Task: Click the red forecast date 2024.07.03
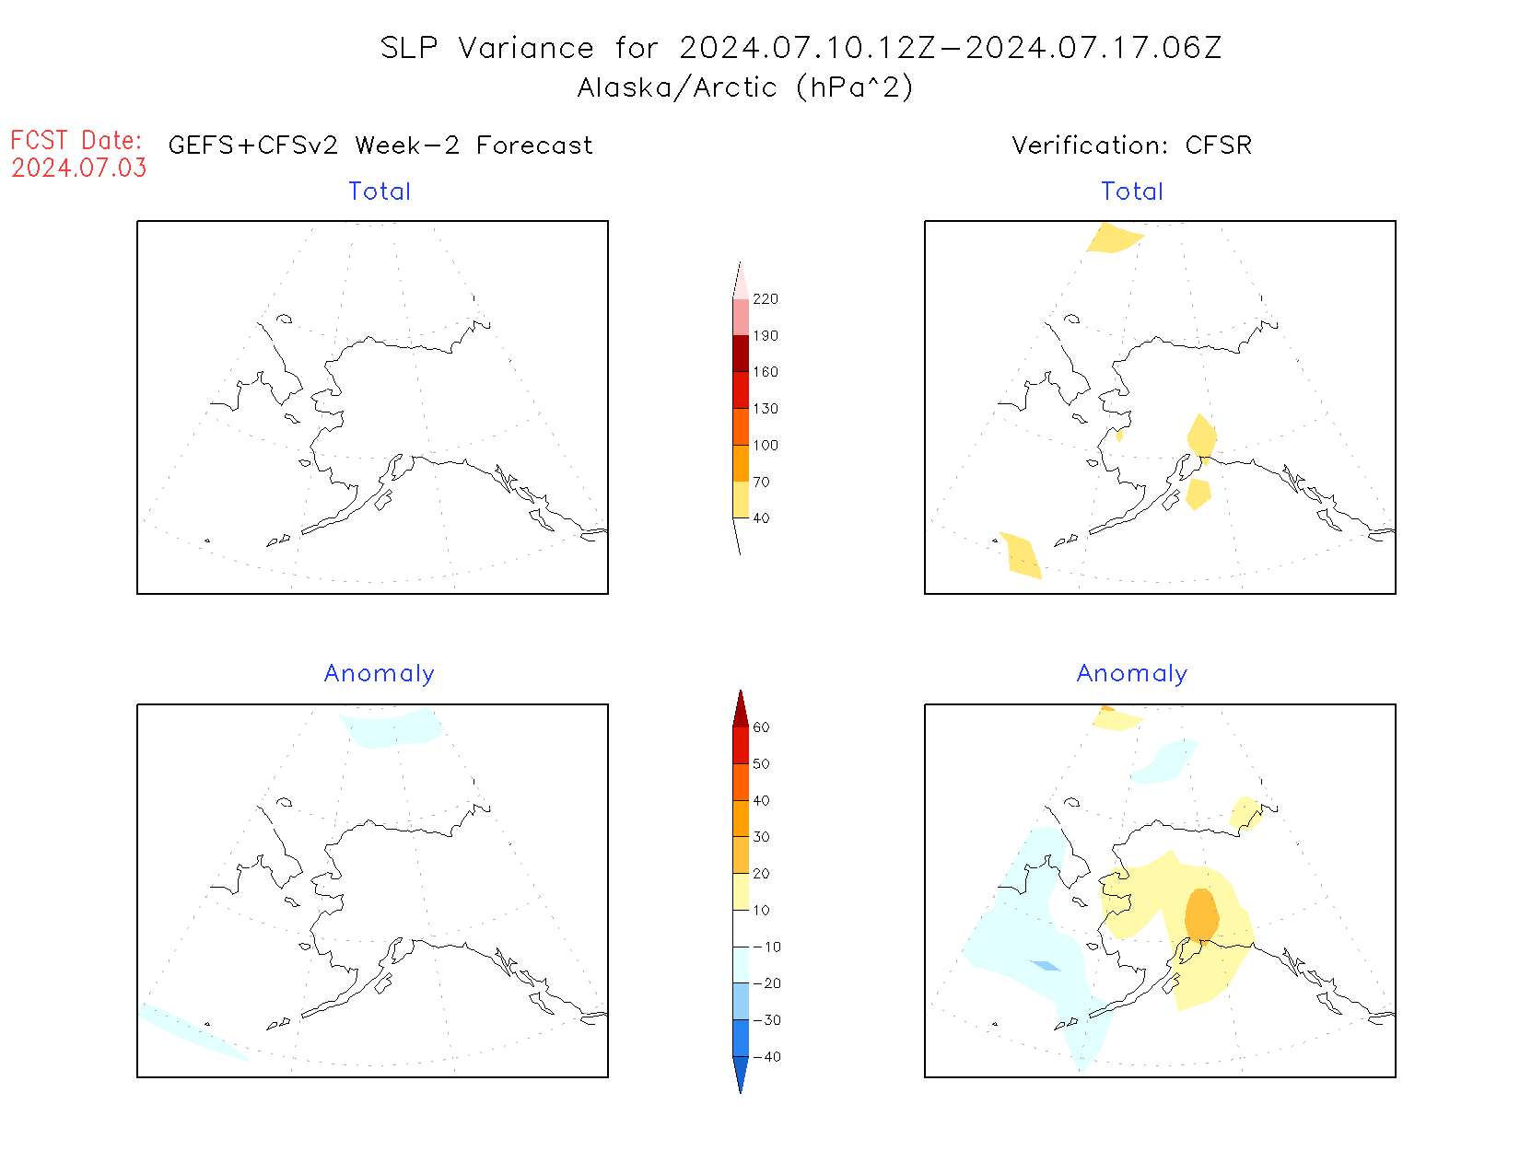point(79,169)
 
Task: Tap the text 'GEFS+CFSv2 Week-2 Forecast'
point(380,145)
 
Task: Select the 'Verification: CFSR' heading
point(1131,145)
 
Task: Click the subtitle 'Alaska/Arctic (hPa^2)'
point(745,87)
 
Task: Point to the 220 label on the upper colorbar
point(765,299)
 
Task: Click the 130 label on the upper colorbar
point(765,409)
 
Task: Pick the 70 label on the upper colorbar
point(761,482)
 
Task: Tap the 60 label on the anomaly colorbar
point(761,727)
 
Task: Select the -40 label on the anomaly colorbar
point(766,1057)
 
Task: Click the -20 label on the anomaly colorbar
point(766,983)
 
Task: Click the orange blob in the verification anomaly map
point(1201,914)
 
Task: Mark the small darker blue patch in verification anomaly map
point(1046,966)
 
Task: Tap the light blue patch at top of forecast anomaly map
point(392,728)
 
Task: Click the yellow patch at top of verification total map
point(1114,238)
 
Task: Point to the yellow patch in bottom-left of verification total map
point(1022,555)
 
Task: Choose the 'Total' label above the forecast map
point(380,192)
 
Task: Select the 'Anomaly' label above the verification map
point(1131,674)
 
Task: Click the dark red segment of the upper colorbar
point(741,354)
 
